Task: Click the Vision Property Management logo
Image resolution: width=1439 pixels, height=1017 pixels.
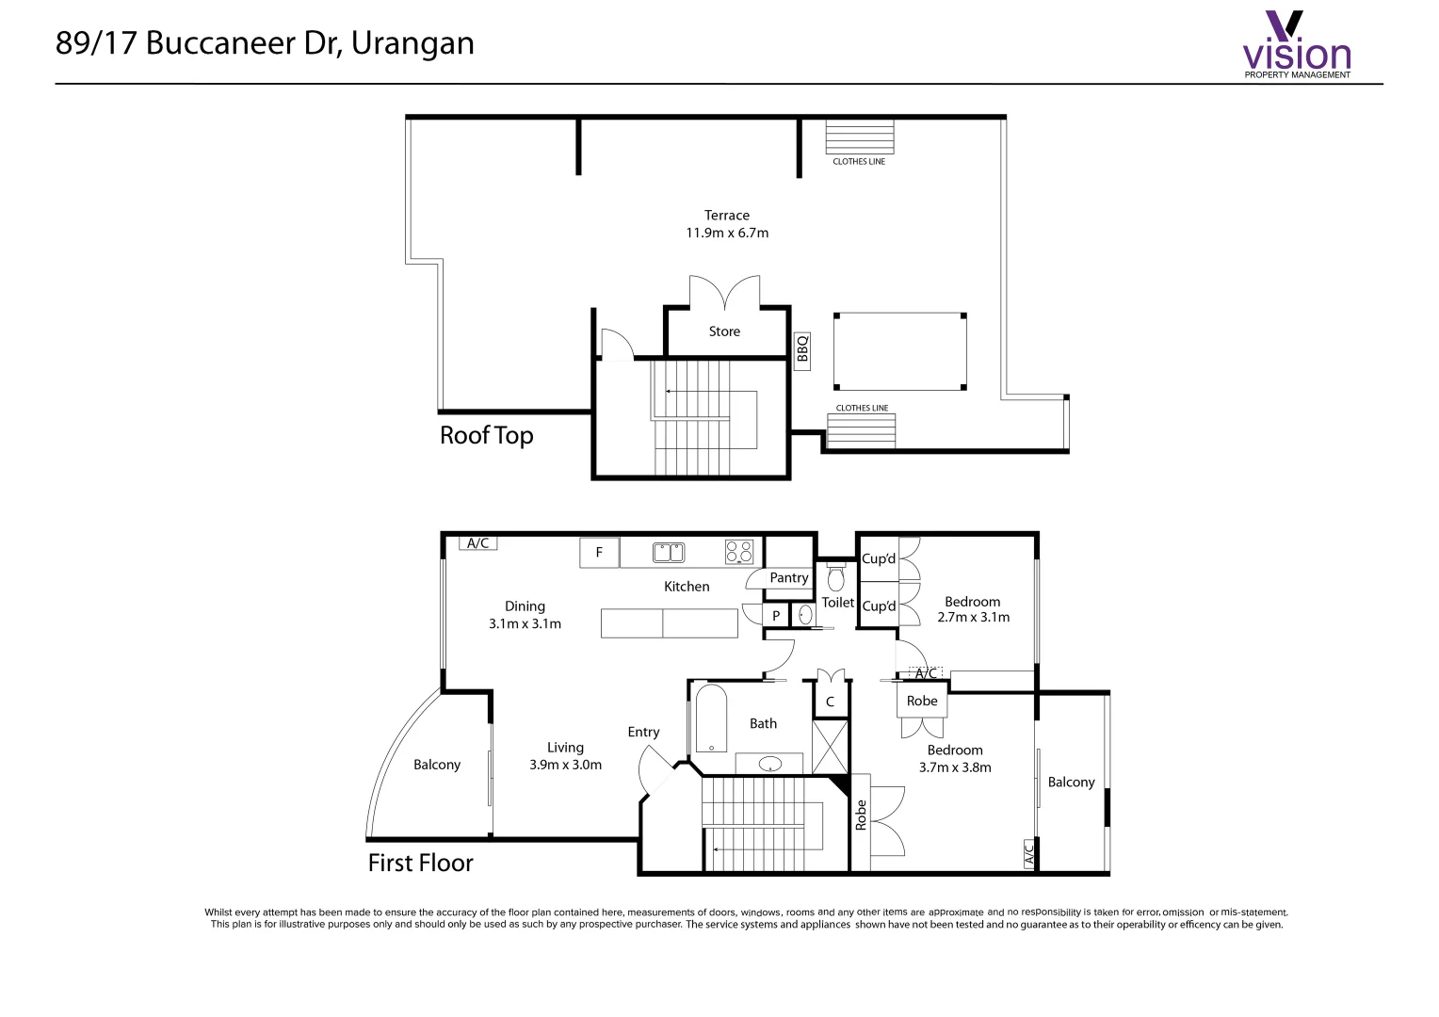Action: point(1297,43)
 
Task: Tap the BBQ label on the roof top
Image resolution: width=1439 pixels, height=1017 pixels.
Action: point(801,351)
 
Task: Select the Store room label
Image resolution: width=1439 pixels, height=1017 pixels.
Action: point(724,331)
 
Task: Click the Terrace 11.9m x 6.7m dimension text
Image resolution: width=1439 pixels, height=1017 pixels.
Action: point(727,224)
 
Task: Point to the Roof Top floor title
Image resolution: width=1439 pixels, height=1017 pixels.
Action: point(486,436)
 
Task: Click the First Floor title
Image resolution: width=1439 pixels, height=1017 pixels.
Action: point(420,863)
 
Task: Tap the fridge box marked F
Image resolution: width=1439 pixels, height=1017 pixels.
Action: point(599,553)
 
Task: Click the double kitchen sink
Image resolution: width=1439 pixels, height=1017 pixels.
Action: point(669,553)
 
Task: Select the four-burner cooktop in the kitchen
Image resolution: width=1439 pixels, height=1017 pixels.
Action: point(738,552)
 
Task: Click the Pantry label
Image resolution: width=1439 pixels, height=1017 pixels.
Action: point(789,577)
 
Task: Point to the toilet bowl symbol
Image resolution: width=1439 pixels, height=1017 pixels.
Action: point(835,577)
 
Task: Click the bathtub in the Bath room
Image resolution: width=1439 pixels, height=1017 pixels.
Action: point(711,718)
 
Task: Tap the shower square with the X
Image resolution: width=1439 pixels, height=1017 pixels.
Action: point(830,747)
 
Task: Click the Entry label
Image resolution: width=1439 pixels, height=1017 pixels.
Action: point(643,732)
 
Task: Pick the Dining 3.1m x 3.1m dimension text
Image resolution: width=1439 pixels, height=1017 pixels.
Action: point(525,615)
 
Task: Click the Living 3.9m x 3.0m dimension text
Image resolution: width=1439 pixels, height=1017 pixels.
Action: point(565,756)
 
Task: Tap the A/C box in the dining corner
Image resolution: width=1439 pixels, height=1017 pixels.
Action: point(478,543)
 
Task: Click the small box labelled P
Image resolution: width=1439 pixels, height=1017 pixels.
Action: point(776,616)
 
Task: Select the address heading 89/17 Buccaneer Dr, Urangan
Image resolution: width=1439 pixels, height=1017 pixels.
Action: point(265,43)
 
